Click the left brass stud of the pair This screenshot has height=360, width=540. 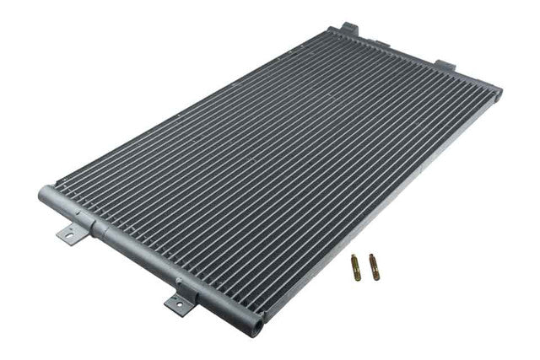point(357,269)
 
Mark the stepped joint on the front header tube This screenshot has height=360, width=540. point(100,228)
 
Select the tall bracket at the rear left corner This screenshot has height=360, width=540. point(348,30)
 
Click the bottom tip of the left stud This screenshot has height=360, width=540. point(357,279)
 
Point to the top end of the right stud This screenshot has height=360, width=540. point(371,256)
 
